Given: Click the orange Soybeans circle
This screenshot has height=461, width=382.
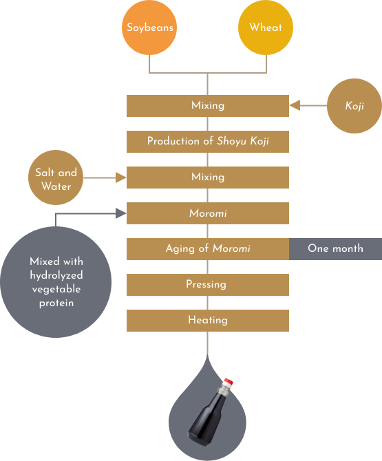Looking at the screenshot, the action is click(x=149, y=28).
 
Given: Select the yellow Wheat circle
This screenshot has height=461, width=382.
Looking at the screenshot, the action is click(x=266, y=28).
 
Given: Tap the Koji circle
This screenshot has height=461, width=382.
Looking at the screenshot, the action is click(x=354, y=106).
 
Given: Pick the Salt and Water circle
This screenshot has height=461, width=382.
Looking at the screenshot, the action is click(x=56, y=178).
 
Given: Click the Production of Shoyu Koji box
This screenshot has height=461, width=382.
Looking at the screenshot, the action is click(x=208, y=142).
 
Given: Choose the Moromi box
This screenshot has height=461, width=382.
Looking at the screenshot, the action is click(x=208, y=213).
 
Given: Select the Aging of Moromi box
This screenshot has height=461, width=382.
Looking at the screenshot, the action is click(x=208, y=249).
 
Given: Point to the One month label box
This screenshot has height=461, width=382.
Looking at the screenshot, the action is click(x=335, y=249).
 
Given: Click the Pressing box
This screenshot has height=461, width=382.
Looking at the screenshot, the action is click(x=208, y=285).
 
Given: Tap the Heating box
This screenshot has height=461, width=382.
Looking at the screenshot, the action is click(x=208, y=321).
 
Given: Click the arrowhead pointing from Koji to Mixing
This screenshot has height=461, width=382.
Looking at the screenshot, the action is click(x=295, y=105).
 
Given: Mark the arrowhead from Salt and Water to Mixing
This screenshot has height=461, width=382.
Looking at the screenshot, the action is click(x=121, y=178).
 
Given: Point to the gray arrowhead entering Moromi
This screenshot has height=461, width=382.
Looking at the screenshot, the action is click(x=121, y=213).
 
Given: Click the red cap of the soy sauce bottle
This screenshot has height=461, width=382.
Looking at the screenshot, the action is click(x=228, y=382).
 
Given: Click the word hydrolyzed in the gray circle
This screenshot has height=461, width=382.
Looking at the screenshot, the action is click(x=56, y=275).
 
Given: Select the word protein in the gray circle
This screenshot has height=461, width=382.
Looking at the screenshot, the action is click(x=56, y=303).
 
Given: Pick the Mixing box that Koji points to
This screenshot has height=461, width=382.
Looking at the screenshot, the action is click(x=208, y=106).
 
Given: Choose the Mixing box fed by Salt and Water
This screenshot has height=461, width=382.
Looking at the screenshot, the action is click(x=208, y=178).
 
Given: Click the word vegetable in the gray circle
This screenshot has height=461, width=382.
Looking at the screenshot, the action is click(x=56, y=289).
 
